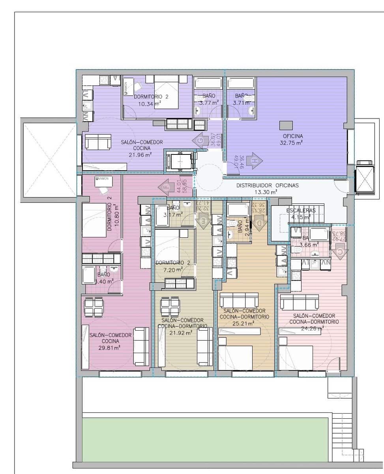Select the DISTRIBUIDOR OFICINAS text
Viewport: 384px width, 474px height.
[x=268, y=185]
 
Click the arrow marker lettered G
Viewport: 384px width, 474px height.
[x=200, y=141]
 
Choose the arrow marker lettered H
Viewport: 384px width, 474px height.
[x=254, y=161]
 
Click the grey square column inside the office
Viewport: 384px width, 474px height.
[x=286, y=125]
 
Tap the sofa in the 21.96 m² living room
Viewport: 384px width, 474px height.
[x=98, y=142]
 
